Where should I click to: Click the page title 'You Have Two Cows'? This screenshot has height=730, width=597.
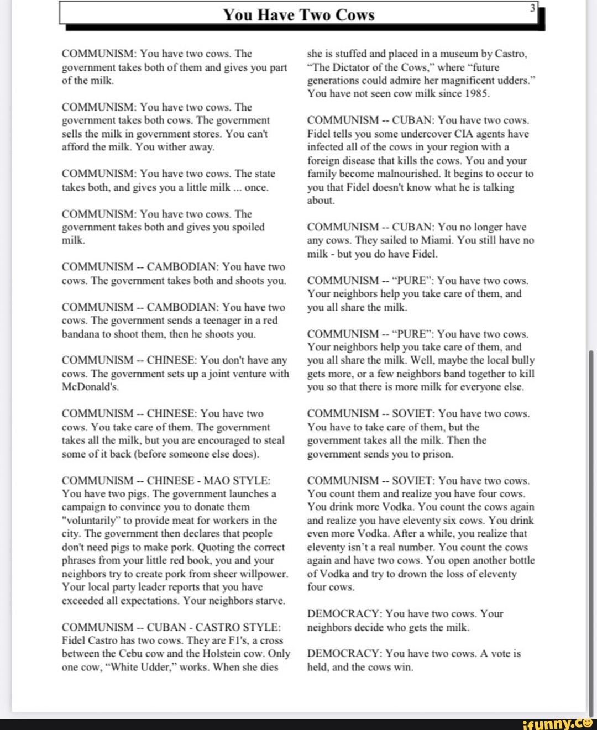(298, 15)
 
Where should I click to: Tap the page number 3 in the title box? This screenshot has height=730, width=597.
(533, 8)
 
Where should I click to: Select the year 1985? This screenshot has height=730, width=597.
(476, 93)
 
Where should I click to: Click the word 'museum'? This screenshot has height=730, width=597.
(458, 54)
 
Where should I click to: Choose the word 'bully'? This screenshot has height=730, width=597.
(522, 360)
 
